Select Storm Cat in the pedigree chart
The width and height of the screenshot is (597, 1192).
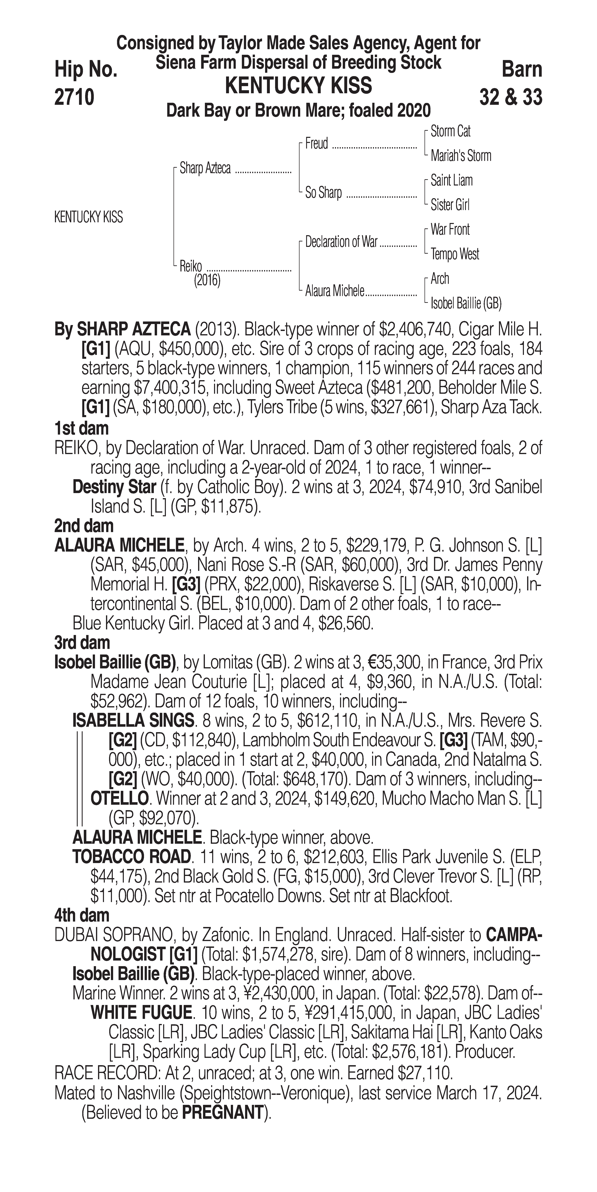pyautogui.click(x=450, y=131)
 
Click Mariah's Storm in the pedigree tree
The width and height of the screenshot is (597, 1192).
pyautogui.click(x=460, y=156)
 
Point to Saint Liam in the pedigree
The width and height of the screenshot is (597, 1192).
pyautogui.click(x=451, y=180)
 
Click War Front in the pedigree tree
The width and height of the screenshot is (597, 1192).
pyautogui.click(x=450, y=230)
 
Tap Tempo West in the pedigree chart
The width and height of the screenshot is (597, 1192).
pyautogui.click(x=455, y=254)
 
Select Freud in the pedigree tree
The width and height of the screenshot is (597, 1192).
pyautogui.click(x=316, y=144)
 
